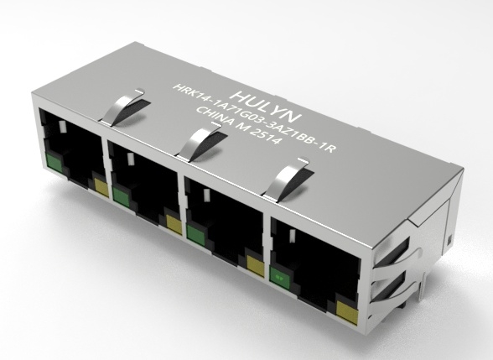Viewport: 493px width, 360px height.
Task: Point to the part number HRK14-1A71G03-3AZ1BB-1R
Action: (x=254, y=118)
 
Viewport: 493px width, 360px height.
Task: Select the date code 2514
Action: (x=264, y=135)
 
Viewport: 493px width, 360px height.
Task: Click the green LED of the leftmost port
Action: (x=54, y=163)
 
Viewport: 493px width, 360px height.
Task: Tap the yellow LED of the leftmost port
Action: (x=101, y=188)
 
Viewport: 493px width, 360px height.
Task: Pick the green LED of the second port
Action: (x=121, y=197)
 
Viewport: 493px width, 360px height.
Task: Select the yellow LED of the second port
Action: (x=174, y=224)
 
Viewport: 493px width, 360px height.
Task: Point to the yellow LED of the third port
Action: (x=255, y=265)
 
